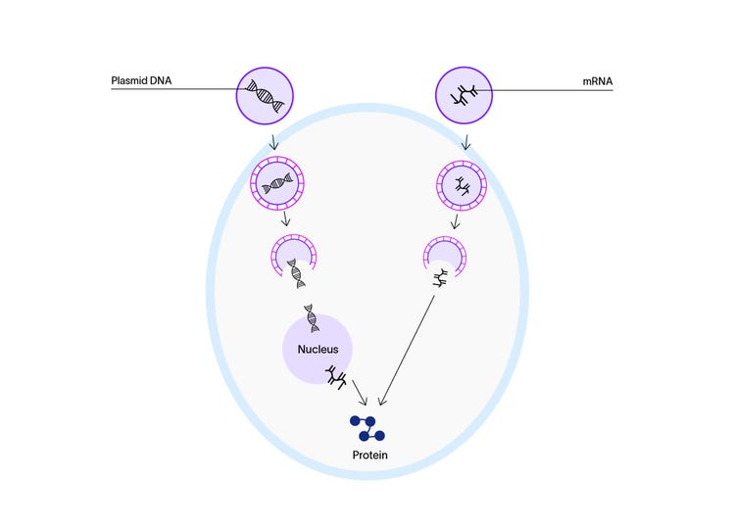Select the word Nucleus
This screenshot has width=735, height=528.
(x=318, y=348)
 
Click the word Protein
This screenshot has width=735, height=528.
(x=370, y=456)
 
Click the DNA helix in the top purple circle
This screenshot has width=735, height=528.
(x=267, y=95)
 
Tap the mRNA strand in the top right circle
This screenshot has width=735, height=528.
(x=465, y=95)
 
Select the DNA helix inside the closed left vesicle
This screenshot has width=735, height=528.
(x=278, y=182)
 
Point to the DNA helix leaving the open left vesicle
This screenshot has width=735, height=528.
(x=295, y=272)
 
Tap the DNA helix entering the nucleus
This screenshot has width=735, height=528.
(x=312, y=316)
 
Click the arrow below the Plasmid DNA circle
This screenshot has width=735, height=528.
(x=273, y=139)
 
